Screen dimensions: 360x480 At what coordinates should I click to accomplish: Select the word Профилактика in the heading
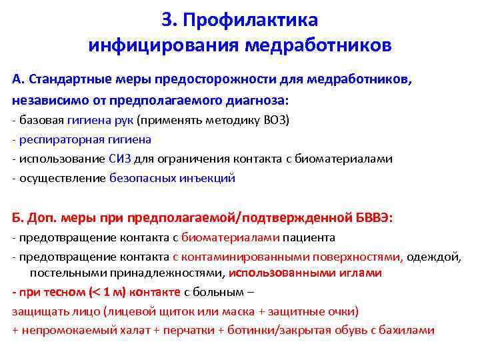[x=252, y=21]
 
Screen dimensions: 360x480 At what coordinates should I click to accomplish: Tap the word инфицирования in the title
[x=164, y=47]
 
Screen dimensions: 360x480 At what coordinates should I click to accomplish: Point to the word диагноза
[x=263, y=100]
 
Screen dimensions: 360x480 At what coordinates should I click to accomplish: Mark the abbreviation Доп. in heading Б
[x=40, y=218]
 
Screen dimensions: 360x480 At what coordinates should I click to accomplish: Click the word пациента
[x=309, y=237]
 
